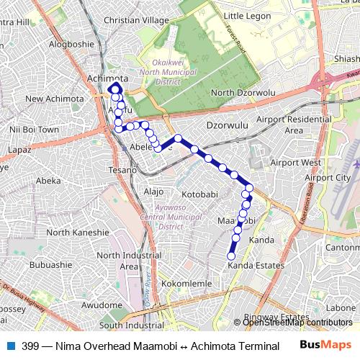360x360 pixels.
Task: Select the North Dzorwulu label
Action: pyautogui.click(x=243, y=93)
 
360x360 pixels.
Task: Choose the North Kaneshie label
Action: pyautogui.click(x=77, y=233)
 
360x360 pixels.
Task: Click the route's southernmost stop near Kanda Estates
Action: pyautogui.click(x=232, y=256)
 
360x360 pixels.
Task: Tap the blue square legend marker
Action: pyautogui.click(x=9, y=346)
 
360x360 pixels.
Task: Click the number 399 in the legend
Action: pyautogui.click(x=30, y=346)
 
